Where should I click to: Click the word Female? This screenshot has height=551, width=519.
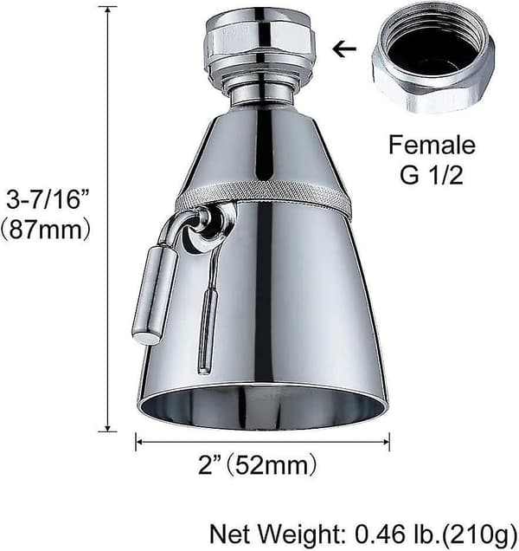pyautogui.click(x=432, y=145)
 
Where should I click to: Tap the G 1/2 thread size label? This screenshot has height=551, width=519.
pyautogui.click(x=432, y=175)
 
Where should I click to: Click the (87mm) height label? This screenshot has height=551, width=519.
pyautogui.click(x=46, y=230)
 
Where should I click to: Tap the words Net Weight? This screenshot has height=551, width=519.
pyautogui.click(x=277, y=535)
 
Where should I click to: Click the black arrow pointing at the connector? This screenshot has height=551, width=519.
pyautogui.click(x=344, y=49)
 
